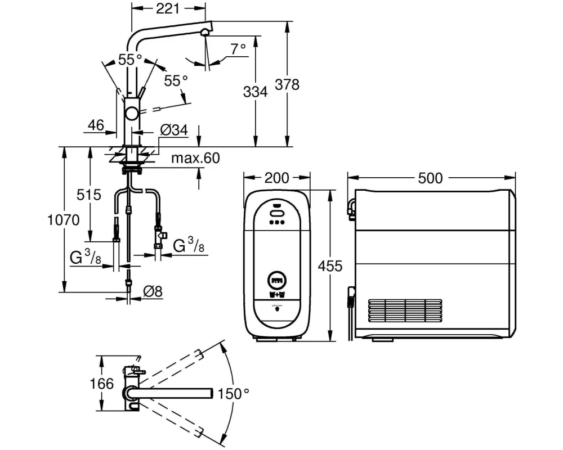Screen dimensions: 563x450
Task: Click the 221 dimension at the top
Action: coord(168,8)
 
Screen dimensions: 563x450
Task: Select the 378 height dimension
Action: coord(287,85)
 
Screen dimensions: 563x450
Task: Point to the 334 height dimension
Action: coord(255,92)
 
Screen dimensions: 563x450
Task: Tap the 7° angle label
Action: coord(238,49)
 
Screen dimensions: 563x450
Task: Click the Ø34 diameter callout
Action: coord(174,129)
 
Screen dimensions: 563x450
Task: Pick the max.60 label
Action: coord(195,158)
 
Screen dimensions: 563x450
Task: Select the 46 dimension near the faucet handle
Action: coord(96,125)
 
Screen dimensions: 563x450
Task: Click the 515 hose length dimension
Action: coord(89,195)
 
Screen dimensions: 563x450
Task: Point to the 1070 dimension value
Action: coord(64,220)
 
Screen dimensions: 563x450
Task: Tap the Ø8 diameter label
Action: coord(153,291)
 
